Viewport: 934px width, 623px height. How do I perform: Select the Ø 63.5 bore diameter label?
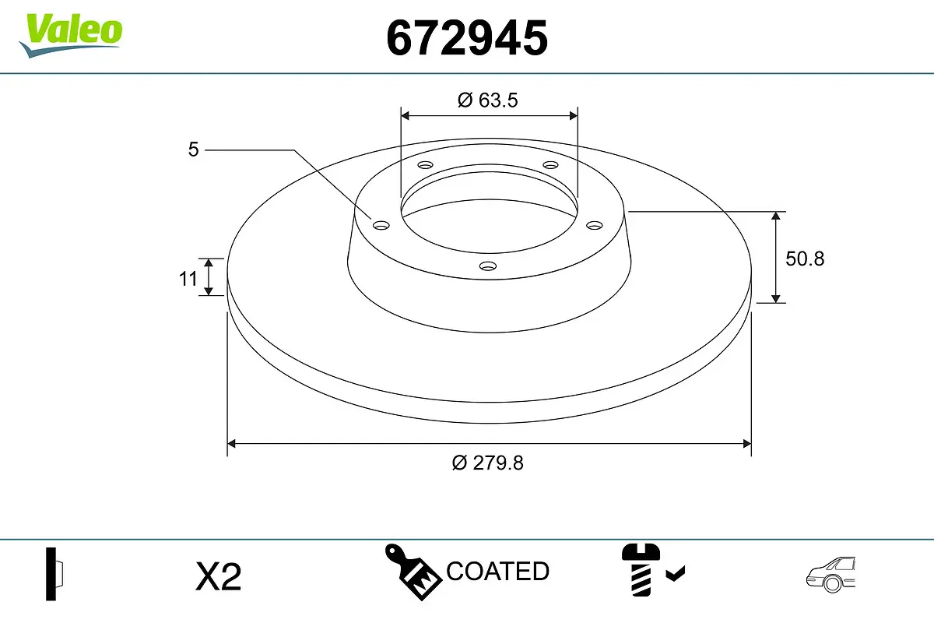pos(488,100)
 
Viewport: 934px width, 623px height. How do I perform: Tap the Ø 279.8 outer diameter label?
pos(488,463)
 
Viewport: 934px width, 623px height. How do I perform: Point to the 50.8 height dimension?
pos(804,259)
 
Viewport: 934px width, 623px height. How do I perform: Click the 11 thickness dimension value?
pos(188,277)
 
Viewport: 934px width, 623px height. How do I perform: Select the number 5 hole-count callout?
pos(194,150)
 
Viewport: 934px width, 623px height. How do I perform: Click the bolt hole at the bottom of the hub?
pos(488,266)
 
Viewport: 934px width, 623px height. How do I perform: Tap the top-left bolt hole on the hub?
pos(425,165)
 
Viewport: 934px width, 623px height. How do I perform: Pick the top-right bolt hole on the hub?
pos(551,165)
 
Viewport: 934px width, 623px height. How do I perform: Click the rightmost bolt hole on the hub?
pos(595,225)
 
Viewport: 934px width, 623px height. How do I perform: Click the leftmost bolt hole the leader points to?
pos(381,225)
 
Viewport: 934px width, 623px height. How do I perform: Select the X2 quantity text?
pos(219,577)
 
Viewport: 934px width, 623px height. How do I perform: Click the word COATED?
pos(497,572)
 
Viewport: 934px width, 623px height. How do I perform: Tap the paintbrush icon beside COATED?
pos(413,571)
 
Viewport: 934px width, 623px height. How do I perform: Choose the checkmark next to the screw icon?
pos(676,574)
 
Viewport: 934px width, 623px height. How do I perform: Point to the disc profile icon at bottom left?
pos(54,574)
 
